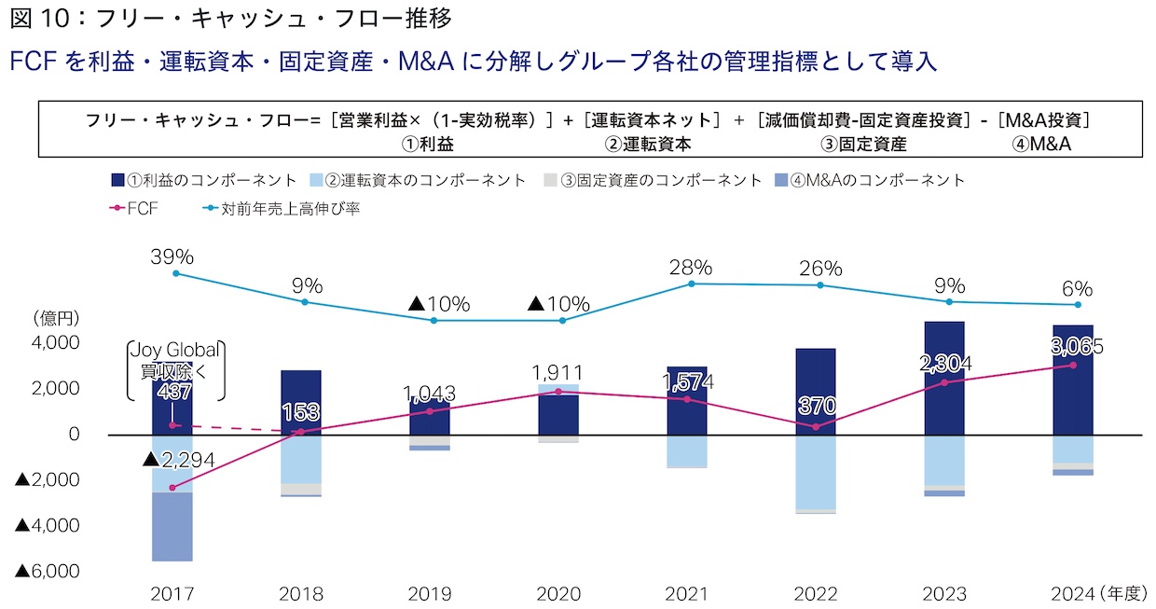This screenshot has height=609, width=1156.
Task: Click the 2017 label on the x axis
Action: (x=172, y=594)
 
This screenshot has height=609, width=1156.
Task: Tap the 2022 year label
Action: (x=815, y=594)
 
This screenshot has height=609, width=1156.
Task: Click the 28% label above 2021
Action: (x=691, y=268)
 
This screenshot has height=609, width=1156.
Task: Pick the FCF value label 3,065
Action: (x=1076, y=347)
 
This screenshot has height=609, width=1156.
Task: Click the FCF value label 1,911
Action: (x=558, y=373)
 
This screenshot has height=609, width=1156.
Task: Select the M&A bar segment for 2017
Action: (x=172, y=527)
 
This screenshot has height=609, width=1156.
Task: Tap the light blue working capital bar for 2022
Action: (x=815, y=472)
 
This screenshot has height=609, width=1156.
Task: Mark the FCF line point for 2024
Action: (x=1072, y=365)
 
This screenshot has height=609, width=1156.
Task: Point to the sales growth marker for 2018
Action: (x=305, y=302)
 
